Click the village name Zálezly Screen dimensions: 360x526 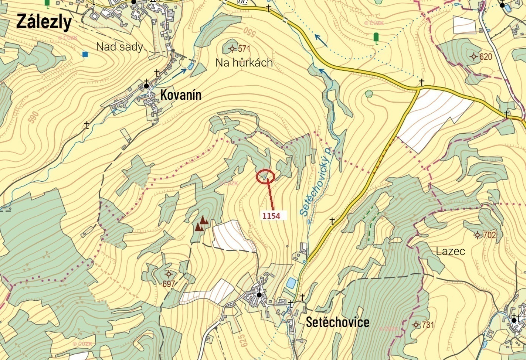point(44,22)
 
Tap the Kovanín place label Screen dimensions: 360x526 point(181,95)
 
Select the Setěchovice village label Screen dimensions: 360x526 point(337,322)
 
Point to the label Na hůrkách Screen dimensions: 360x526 point(244,62)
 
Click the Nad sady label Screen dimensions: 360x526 point(120,47)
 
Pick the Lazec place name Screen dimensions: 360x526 point(450,252)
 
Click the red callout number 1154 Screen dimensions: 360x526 point(271,216)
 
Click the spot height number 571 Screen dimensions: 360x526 point(244,49)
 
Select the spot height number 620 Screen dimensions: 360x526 point(486,57)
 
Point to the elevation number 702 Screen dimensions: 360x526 point(489,235)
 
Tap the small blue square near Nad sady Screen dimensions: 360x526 point(85,54)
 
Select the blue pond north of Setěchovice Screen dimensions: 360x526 point(291,283)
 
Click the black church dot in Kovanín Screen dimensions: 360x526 point(147,86)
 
